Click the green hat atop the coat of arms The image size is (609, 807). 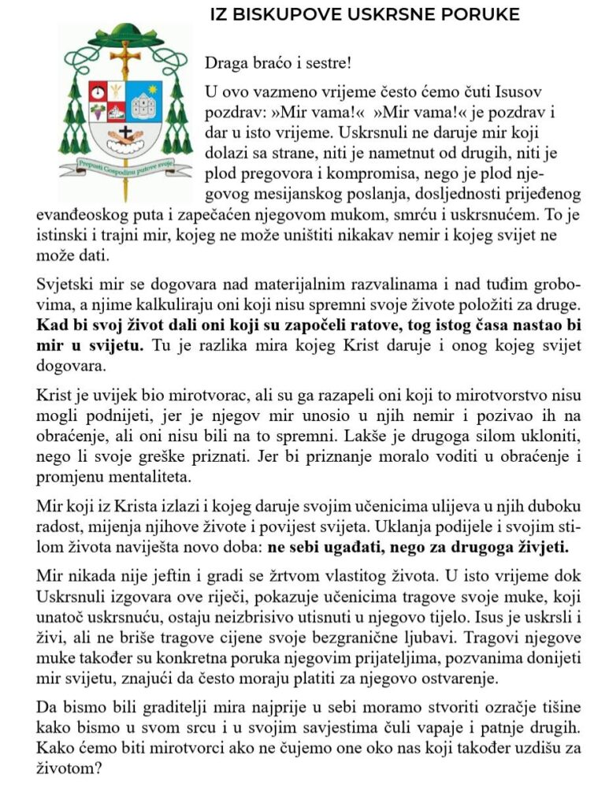tap(125, 34)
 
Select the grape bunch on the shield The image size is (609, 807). tap(97, 110)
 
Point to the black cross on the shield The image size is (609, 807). tap(125, 132)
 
